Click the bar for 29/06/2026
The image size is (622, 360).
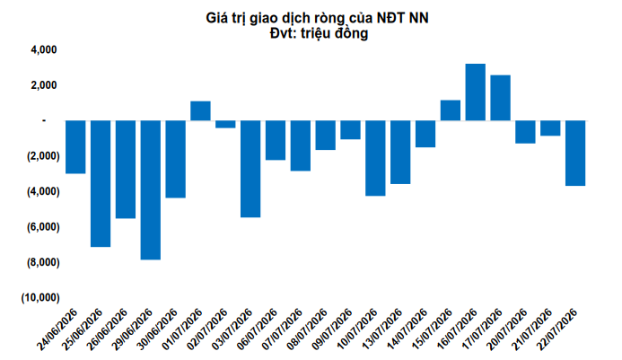tap(151, 189)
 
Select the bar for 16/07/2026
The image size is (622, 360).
tap(475, 92)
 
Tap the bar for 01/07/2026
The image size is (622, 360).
tap(201, 110)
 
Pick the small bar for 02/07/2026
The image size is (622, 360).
tap(225, 124)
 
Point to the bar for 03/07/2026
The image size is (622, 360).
tap(250, 169)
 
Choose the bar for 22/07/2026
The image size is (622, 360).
tap(575, 153)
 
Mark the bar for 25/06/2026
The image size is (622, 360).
tap(101, 183)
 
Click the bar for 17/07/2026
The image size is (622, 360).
tap(500, 98)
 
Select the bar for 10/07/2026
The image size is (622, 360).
tap(375, 158)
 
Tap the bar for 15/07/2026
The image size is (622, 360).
tap(451, 110)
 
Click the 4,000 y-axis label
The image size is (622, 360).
tap(44, 49)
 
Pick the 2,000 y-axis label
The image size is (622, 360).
tap(44, 85)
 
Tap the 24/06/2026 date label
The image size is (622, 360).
tap(57, 329)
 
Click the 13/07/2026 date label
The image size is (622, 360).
tap(381, 329)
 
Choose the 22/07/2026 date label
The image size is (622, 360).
tap(556, 329)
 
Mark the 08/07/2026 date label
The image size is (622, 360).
tap(307, 329)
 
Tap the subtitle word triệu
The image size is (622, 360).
tap(316, 33)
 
